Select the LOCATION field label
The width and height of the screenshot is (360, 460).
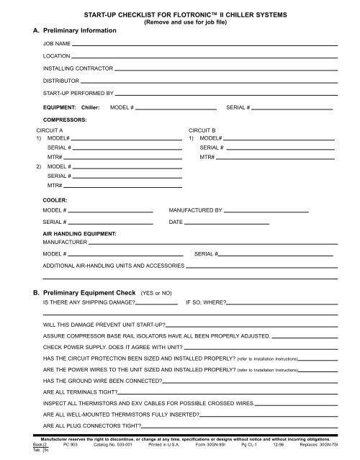point(56,56)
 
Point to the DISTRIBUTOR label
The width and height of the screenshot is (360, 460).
point(60,81)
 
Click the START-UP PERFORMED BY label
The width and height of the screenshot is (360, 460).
point(78,94)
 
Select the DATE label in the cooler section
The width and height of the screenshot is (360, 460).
point(175,222)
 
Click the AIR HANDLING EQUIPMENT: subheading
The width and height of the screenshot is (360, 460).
point(79,235)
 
